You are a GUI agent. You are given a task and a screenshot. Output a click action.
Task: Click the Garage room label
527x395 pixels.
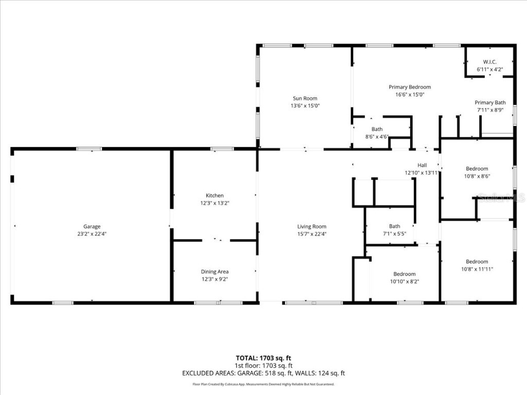pos(92,226)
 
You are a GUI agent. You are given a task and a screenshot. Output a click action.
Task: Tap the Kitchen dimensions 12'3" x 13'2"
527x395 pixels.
pos(215,203)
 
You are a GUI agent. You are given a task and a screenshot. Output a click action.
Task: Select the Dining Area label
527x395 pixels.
pos(215,272)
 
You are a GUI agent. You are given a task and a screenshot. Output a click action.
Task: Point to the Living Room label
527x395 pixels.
pos(312,226)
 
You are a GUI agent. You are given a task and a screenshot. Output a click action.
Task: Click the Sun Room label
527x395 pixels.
pos(305,98)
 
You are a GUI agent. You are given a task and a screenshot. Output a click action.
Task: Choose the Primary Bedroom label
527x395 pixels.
pos(410,87)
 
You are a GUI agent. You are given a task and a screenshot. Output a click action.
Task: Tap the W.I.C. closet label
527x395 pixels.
pos(489,62)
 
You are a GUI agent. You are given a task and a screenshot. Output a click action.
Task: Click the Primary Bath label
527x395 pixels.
pos(490,102)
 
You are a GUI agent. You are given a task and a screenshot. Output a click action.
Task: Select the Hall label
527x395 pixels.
pos(422,165)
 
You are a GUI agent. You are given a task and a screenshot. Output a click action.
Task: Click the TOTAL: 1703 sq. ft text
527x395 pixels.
pos(263,358)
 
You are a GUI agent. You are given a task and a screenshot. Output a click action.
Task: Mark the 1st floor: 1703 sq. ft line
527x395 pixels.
pos(263,366)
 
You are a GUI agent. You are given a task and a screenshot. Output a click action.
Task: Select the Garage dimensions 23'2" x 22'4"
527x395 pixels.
pos(92,234)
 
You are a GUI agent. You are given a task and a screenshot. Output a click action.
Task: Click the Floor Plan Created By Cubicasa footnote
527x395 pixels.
pos(263,384)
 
